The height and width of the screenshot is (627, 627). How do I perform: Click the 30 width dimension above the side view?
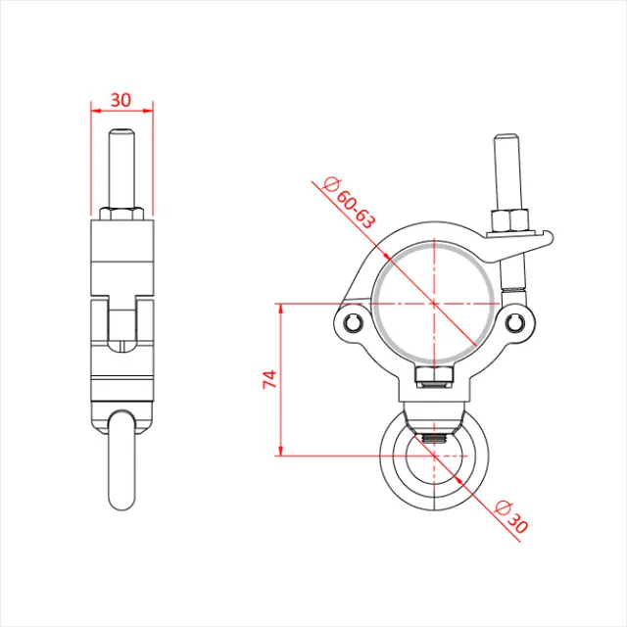click(x=121, y=99)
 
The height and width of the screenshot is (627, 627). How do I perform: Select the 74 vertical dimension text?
click(x=270, y=380)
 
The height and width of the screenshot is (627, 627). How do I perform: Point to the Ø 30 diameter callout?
click(x=511, y=516)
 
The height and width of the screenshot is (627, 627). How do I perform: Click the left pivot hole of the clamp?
click(x=354, y=324)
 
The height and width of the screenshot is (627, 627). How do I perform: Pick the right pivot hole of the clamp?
click(x=516, y=324)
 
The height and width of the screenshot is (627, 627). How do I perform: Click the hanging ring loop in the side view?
click(x=121, y=460)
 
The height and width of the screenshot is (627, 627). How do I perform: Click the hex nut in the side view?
click(x=121, y=213)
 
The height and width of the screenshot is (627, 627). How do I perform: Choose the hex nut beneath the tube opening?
click(x=434, y=376)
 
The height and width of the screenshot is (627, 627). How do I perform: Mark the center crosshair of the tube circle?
click(x=434, y=303)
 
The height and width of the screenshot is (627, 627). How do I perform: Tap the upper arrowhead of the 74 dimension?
click(x=281, y=308)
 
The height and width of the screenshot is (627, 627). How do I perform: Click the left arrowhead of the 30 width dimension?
click(x=93, y=109)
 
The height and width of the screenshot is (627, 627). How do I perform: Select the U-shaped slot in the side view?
click(x=121, y=328)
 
